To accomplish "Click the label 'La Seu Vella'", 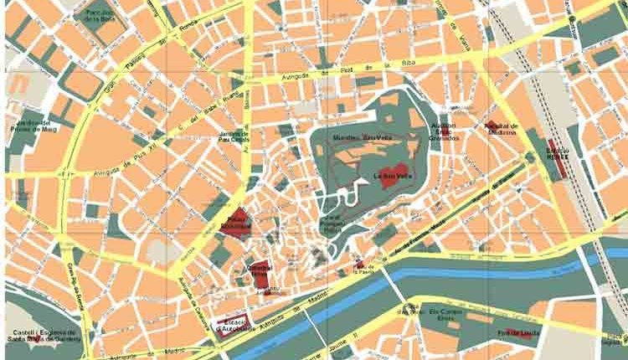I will pos(390,176).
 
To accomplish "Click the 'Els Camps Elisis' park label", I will pos(445,313).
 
